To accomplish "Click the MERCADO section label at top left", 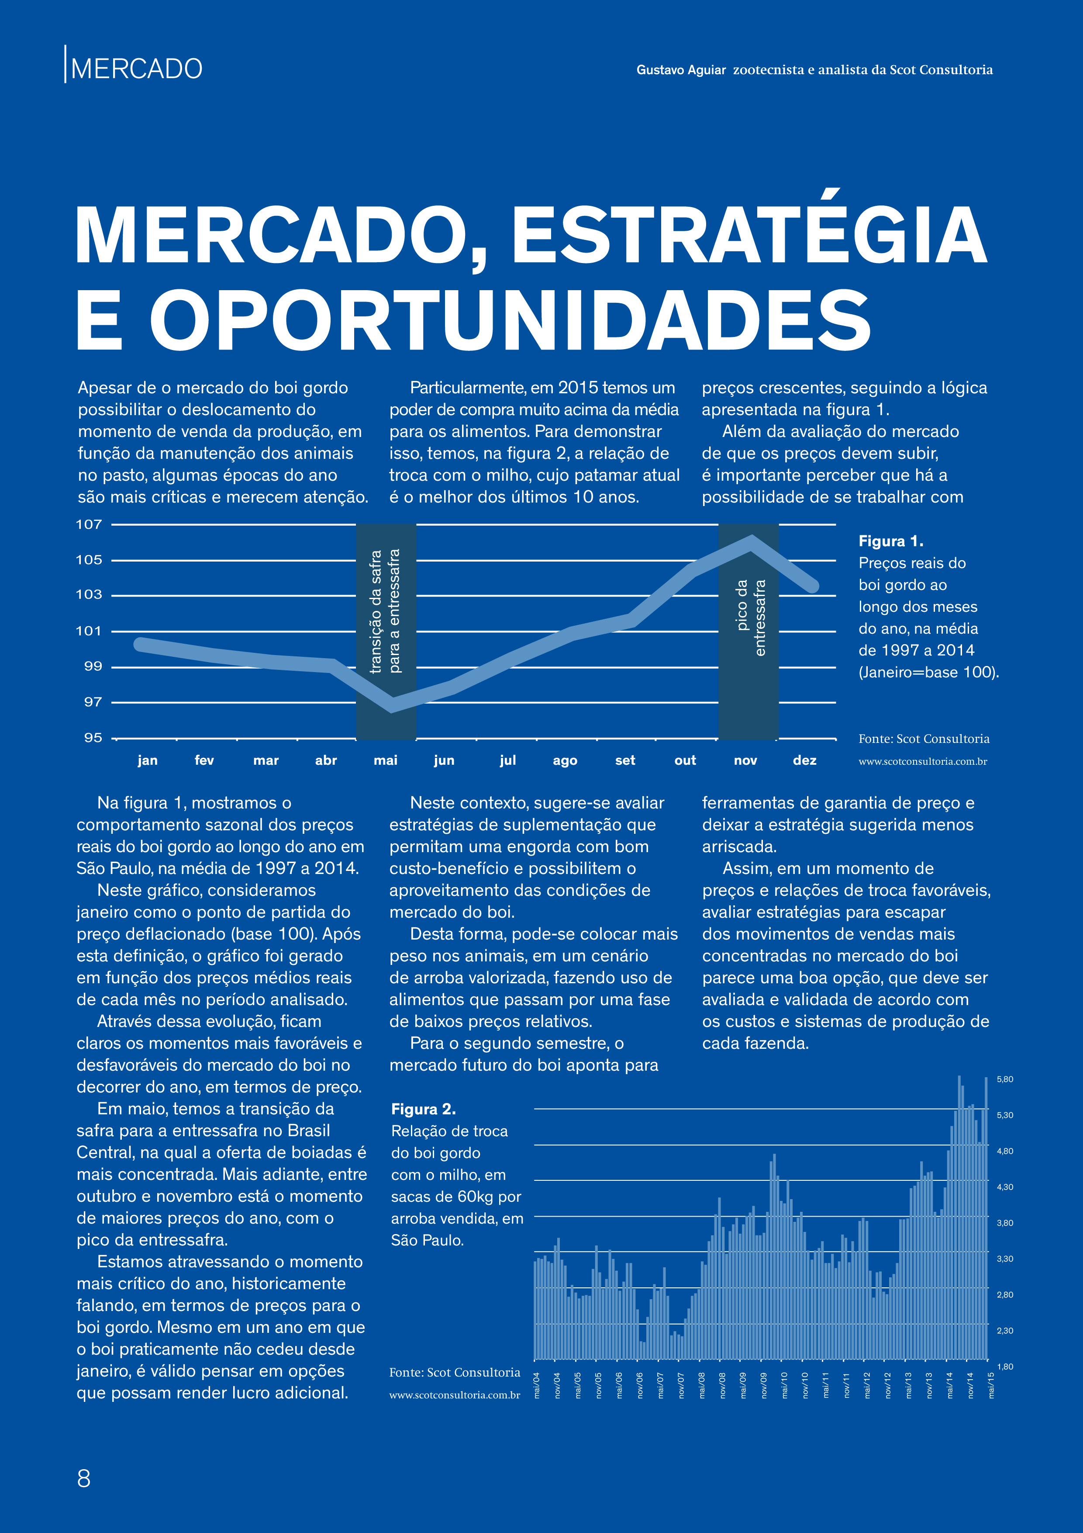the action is click(x=137, y=69).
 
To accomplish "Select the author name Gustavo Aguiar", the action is click(x=681, y=69).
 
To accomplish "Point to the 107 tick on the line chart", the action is click(x=89, y=524).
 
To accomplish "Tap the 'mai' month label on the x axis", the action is click(x=386, y=760).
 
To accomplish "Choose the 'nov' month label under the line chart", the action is click(x=745, y=760).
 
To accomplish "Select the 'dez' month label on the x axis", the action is click(x=805, y=760).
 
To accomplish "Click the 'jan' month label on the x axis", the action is click(x=148, y=760).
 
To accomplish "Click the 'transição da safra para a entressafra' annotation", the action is click(x=385, y=611).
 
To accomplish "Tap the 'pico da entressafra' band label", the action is click(x=750, y=617).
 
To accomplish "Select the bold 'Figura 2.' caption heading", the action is click(x=424, y=1109).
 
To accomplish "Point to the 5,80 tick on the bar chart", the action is click(x=1005, y=1079).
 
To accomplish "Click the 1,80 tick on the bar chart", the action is click(x=1005, y=1367).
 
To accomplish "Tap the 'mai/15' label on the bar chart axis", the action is click(x=991, y=1385).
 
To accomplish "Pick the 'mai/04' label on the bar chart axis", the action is click(x=537, y=1385).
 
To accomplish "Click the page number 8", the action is click(x=83, y=1478).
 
